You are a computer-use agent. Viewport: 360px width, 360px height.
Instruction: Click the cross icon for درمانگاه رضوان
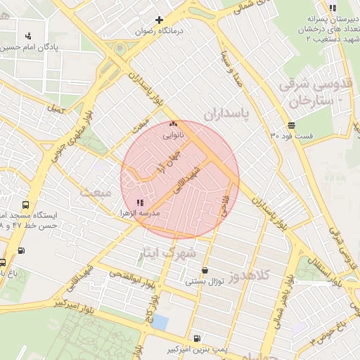coord(160,20)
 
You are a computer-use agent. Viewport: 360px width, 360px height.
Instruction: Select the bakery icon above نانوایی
coord(173,122)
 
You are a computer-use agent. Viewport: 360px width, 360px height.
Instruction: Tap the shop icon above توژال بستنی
coord(205,270)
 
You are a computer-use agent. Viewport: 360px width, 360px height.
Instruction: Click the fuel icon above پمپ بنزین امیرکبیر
coord(195,338)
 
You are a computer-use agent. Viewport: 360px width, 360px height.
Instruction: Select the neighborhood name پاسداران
coord(227,112)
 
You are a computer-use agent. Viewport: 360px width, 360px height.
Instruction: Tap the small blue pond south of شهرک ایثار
coord(160,322)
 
